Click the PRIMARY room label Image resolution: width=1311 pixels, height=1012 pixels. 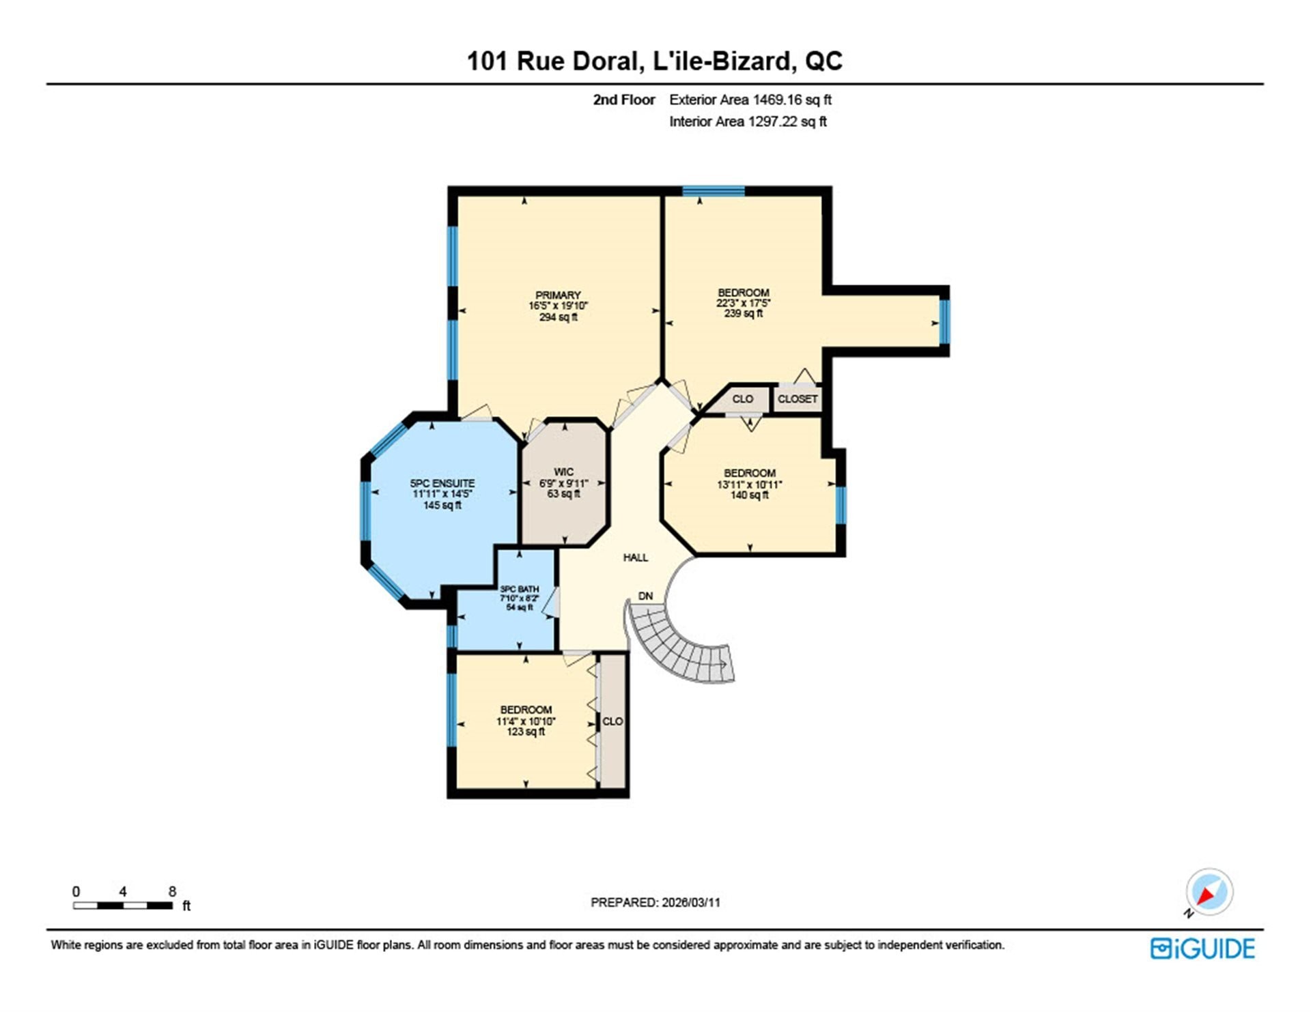pos(558,295)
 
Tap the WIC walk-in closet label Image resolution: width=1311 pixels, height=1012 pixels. pos(563,472)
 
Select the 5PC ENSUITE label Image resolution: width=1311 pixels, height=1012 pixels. pos(442,483)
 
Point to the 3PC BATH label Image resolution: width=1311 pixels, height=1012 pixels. pos(520,589)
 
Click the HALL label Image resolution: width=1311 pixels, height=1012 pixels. pos(636,558)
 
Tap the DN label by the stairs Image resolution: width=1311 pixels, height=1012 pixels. pos(645,596)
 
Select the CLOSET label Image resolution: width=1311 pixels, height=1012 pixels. pos(798,399)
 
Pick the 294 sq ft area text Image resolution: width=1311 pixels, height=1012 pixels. pos(559,317)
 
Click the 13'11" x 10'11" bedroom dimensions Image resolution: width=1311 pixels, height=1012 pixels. pos(750,485)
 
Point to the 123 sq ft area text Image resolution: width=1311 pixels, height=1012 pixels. pos(526,732)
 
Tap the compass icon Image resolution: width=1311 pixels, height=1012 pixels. pos(1209,892)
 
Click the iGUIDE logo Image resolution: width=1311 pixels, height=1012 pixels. pos(1202,949)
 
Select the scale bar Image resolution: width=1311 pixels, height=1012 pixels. pos(123,906)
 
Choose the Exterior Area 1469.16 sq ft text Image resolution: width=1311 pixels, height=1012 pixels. pos(750,100)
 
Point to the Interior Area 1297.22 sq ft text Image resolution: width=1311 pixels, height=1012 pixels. pos(748,121)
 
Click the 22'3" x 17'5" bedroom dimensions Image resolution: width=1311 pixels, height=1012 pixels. pos(744,303)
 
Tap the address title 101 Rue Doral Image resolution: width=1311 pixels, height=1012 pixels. pos(554,61)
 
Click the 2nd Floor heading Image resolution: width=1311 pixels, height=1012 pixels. pos(623,100)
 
